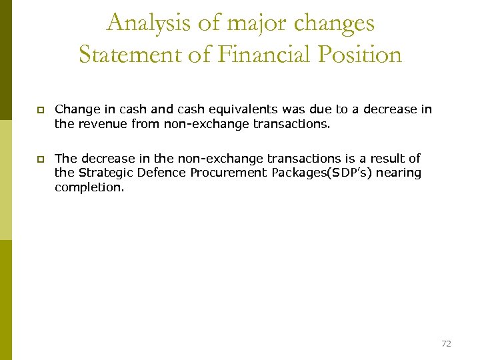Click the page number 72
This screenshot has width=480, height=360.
tap(446, 343)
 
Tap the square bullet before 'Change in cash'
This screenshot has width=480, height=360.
tap(40, 109)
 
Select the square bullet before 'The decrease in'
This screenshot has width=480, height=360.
tap(40, 159)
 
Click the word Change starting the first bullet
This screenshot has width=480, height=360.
tap(75, 109)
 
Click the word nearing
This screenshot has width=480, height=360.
tap(399, 173)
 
